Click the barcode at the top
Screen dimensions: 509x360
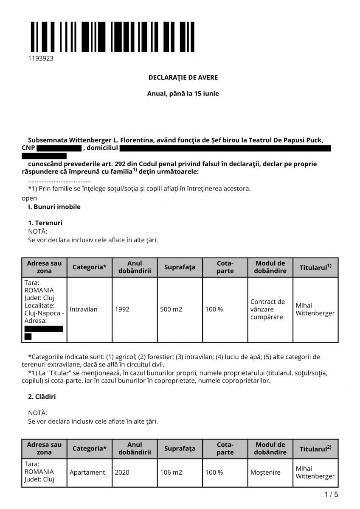(112, 36)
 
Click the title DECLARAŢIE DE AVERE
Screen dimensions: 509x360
(183, 78)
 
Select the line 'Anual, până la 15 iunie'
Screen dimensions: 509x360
(183, 93)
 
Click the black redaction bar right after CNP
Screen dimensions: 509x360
(59, 148)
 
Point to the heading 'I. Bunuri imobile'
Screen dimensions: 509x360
(54, 207)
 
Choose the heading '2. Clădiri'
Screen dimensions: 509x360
(42, 397)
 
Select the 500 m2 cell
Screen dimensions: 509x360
(171, 309)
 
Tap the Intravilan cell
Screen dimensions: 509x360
(84, 309)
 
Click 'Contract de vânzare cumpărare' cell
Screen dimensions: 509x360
(267, 309)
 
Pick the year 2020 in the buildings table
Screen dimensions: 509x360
(122, 472)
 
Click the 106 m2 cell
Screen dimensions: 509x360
(171, 472)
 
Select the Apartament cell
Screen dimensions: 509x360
(87, 472)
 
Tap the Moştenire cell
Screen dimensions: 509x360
(265, 472)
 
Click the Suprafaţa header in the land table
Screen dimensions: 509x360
(180, 267)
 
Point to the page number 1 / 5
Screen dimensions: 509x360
(331, 495)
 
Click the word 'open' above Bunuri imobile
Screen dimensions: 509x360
(29, 198)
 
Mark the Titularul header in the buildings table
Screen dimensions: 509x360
(315, 449)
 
